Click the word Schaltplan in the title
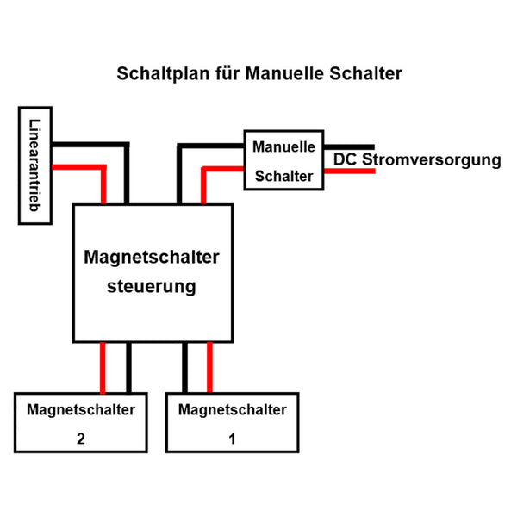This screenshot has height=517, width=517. [163, 73]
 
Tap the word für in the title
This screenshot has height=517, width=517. [227, 73]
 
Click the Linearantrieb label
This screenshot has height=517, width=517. [35, 165]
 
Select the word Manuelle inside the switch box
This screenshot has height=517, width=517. [283, 146]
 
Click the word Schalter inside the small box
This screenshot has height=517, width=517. [283, 176]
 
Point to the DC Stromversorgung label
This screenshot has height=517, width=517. [417, 160]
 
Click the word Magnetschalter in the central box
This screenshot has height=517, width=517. [152, 257]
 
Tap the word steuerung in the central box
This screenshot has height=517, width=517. [152, 287]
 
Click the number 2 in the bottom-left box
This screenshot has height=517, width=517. [81, 439]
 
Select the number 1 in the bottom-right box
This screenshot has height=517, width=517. [232, 439]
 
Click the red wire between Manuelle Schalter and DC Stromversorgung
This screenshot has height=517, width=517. [350, 171]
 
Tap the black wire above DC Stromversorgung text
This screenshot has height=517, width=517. [349, 147]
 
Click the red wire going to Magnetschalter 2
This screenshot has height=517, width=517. [103, 368]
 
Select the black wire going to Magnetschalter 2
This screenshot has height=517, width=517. [128, 368]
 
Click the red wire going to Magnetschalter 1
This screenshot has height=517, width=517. [209, 368]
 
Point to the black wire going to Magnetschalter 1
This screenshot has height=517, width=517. [185, 368]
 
